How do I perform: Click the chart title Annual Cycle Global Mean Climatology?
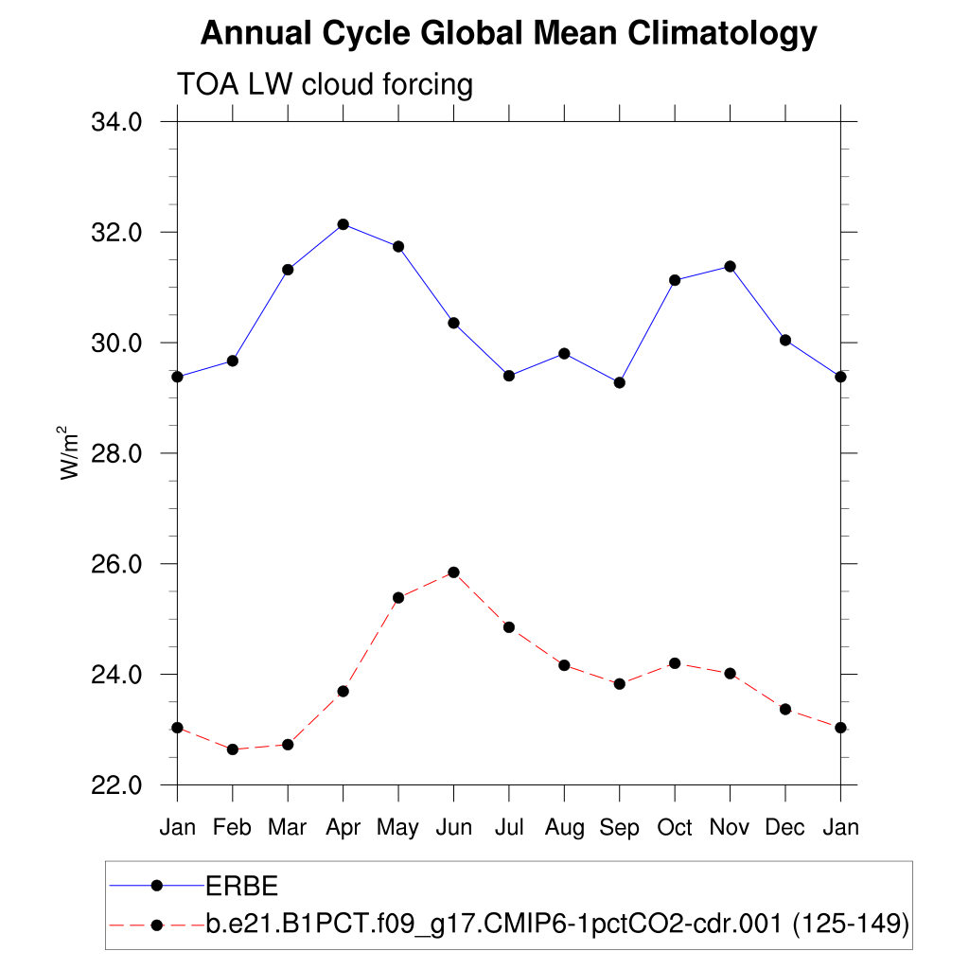pos(508,34)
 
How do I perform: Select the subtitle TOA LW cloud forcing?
pos(325,85)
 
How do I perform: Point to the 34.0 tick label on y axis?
pos(116,122)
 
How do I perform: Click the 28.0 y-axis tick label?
pos(116,453)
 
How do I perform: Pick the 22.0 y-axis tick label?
pos(116,785)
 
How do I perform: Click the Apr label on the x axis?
pos(343,828)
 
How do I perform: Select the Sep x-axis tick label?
pos(619,828)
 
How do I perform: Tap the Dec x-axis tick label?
pos(784,828)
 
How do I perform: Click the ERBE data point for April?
pos(344,224)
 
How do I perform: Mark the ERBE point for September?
pos(620,382)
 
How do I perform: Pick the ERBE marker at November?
pos(730,266)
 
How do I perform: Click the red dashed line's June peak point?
pos(453,572)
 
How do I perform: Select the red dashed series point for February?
pos(233,749)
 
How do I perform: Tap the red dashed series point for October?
pos(675,663)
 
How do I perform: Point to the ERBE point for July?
pos(509,376)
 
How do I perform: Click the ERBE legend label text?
pos(242,886)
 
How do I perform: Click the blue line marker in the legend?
pos(158,885)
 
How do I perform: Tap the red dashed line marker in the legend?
pos(158,923)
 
